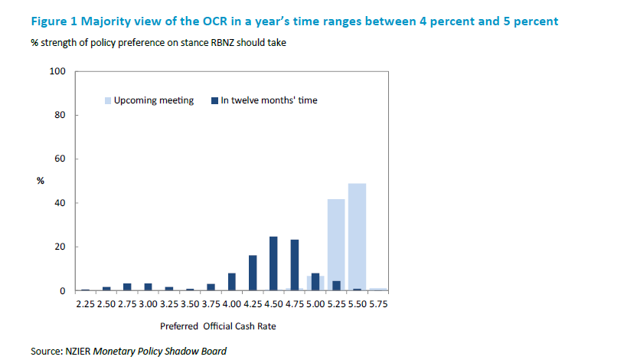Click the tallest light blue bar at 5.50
coord(357,237)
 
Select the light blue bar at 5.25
coord(336,245)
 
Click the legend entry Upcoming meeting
coord(154,100)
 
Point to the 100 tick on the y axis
coord(59,71)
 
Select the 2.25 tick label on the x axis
coord(86,304)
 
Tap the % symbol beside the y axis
coord(41,181)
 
